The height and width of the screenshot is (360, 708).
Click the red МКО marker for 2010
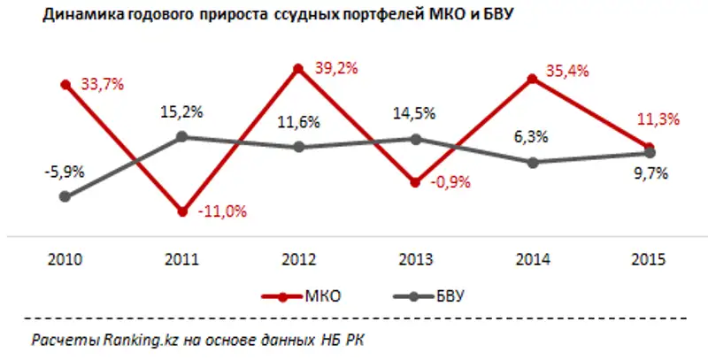(x=65, y=84)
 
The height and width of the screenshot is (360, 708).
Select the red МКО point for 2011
(x=181, y=211)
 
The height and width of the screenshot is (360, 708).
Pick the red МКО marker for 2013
(x=416, y=183)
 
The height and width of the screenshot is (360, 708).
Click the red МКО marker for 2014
(x=533, y=79)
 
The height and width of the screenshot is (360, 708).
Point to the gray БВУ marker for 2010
(x=65, y=196)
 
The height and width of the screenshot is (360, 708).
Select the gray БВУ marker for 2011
(x=181, y=136)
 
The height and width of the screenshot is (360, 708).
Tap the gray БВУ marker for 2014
(x=533, y=162)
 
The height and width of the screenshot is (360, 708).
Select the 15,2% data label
(x=181, y=112)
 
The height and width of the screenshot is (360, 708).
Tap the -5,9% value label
(x=65, y=172)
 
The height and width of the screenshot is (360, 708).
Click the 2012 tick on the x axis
(x=299, y=260)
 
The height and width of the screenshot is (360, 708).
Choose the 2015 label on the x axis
(x=650, y=260)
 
